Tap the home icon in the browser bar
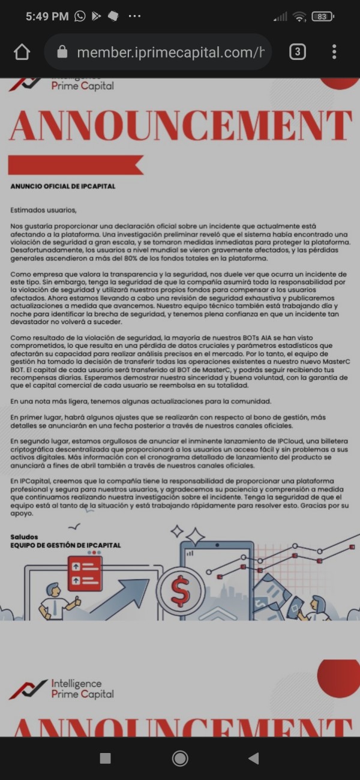[x=22, y=52]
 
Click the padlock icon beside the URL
[x=62, y=52]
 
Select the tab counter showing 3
[x=297, y=52]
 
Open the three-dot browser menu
[x=334, y=52]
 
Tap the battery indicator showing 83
[x=322, y=17]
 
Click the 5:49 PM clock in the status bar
[x=47, y=17]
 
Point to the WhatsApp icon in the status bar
[x=80, y=17]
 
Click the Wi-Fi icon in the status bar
[x=299, y=17]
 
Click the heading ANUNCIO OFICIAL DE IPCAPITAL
[x=62, y=187]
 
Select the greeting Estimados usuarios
[x=44, y=210]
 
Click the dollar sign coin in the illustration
[x=180, y=591]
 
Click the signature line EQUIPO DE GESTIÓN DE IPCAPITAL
[x=65, y=545]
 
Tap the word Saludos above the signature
[x=25, y=536]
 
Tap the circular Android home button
[x=180, y=758]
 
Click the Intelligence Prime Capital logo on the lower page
[x=63, y=689]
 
